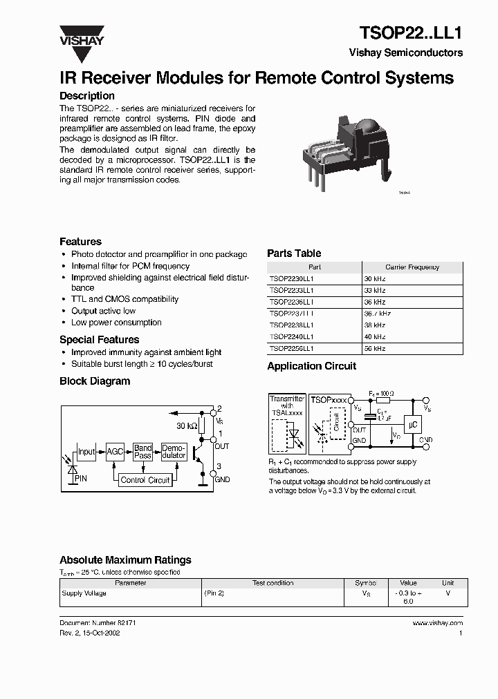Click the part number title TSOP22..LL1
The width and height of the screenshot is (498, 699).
pyautogui.click(x=411, y=32)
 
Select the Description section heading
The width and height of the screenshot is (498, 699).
pyautogui.click(x=86, y=96)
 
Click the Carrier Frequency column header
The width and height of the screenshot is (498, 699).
pyautogui.click(x=412, y=267)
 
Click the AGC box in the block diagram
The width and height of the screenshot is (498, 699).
pyautogui.click(x=115, y=452)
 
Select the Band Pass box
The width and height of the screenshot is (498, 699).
pyautogui.click(x=143, y=452)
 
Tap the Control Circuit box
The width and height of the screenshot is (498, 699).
pyautogui.click(x=145, y=480)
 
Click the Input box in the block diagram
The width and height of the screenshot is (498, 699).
pyautogui.click(x=86, y=452)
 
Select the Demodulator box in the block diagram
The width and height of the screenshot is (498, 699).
pyautogui.click(x=174, y=452)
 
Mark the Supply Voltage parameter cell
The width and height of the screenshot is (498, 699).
pyautogui.click(x=84, y=593)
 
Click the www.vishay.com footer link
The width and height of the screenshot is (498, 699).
pyautogui.click(x=437, y=623)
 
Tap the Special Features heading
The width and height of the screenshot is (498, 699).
pyautogui.click(x=99, y=340)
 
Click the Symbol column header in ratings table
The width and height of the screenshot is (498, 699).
pyautogui.click(x=366, y=583)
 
